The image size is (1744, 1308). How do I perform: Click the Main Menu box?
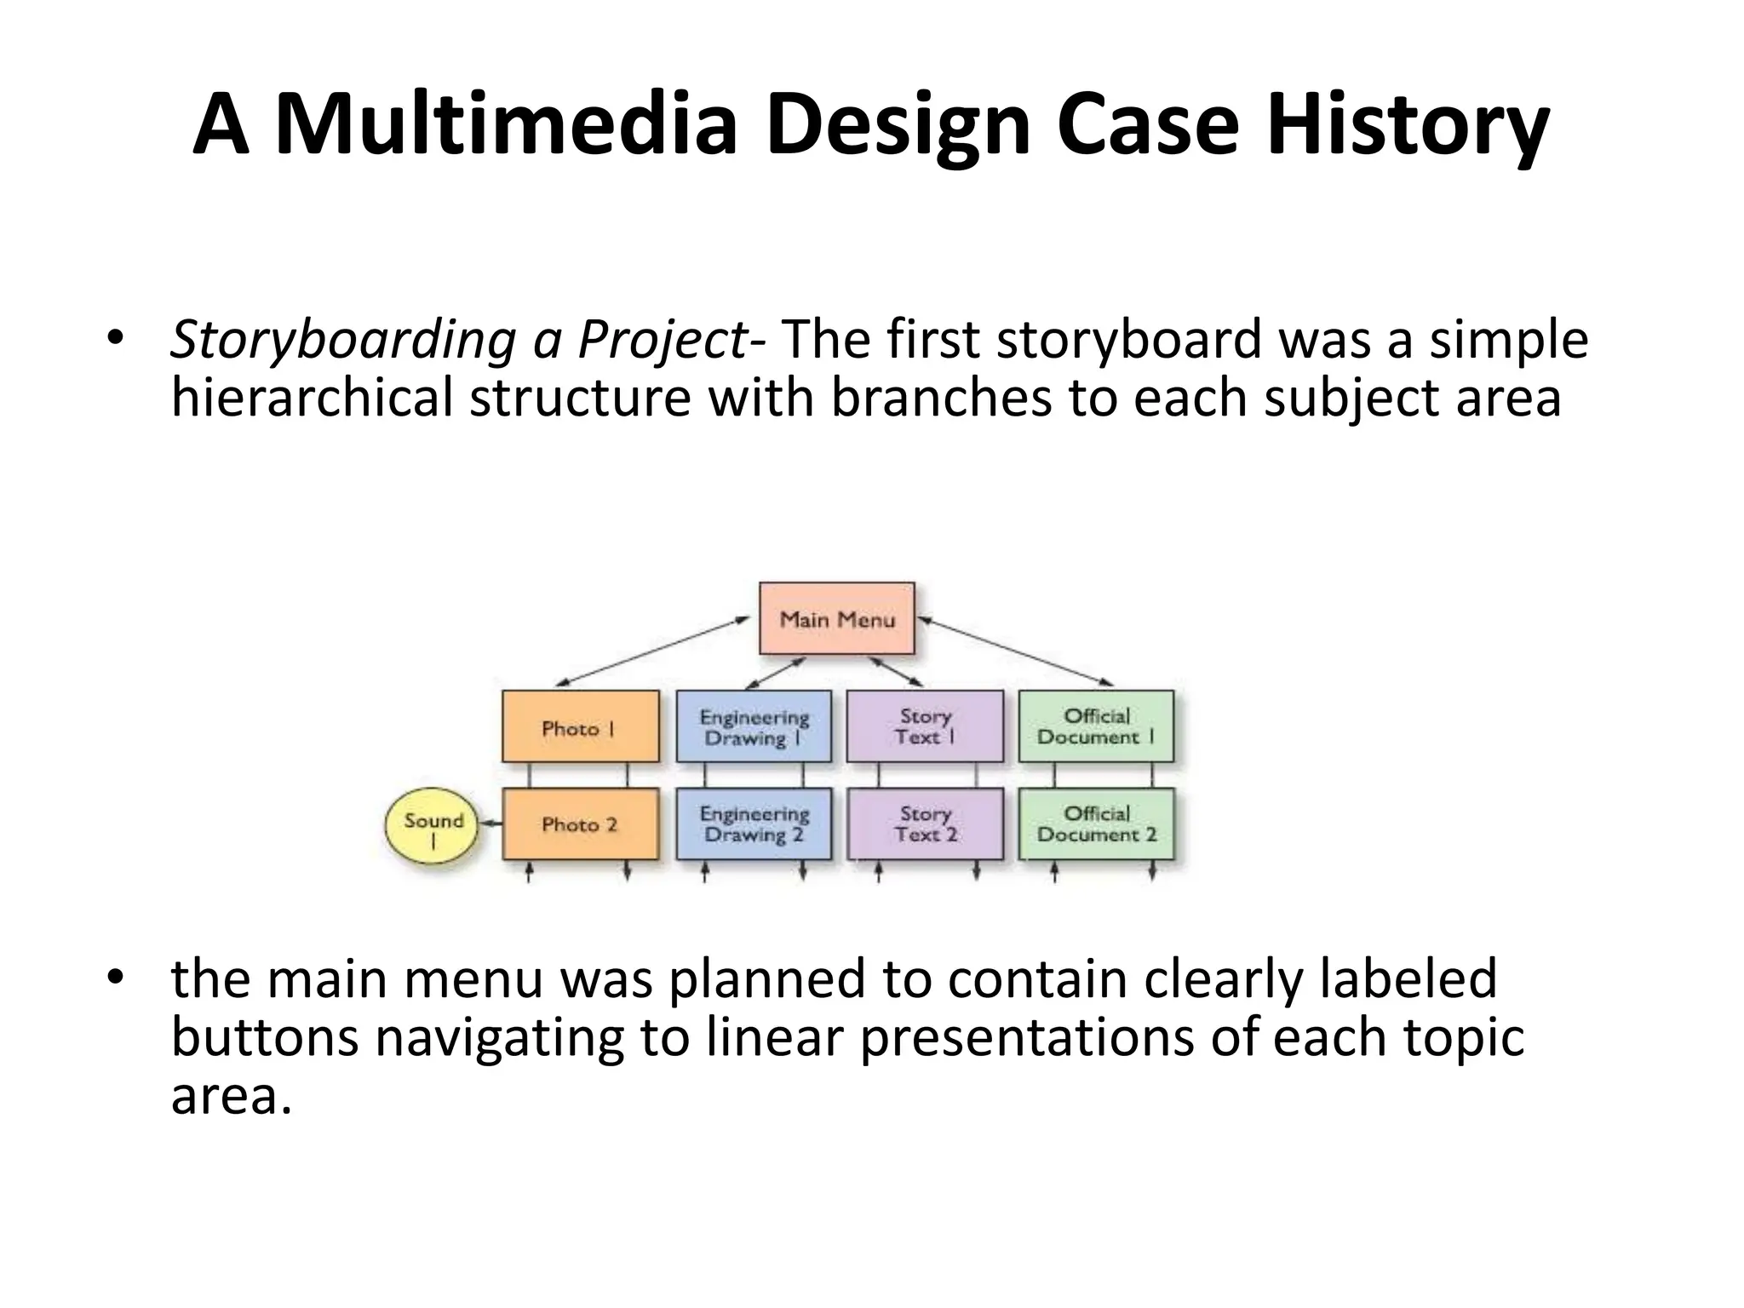click(x=836, y=619)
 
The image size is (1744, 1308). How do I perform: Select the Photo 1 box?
click(x=580, y=727)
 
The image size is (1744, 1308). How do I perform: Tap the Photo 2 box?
click(x=580, y=823)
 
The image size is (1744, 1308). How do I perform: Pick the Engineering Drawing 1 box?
click(x=754, y=727)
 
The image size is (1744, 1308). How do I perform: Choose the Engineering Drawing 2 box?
click(x=754, y=823)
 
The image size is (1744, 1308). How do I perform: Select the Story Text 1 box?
click(x=925, y=727)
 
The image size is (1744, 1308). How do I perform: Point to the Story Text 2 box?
click(x=925, y=823)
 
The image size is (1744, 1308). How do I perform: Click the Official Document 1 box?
click(x=1096, y=727)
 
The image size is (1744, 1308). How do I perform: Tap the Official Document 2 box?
click(x=1096, y=823)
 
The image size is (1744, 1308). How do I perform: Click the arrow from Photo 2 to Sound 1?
click(x=490, y=823)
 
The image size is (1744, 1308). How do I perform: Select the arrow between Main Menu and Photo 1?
click(x=651, y=652)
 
